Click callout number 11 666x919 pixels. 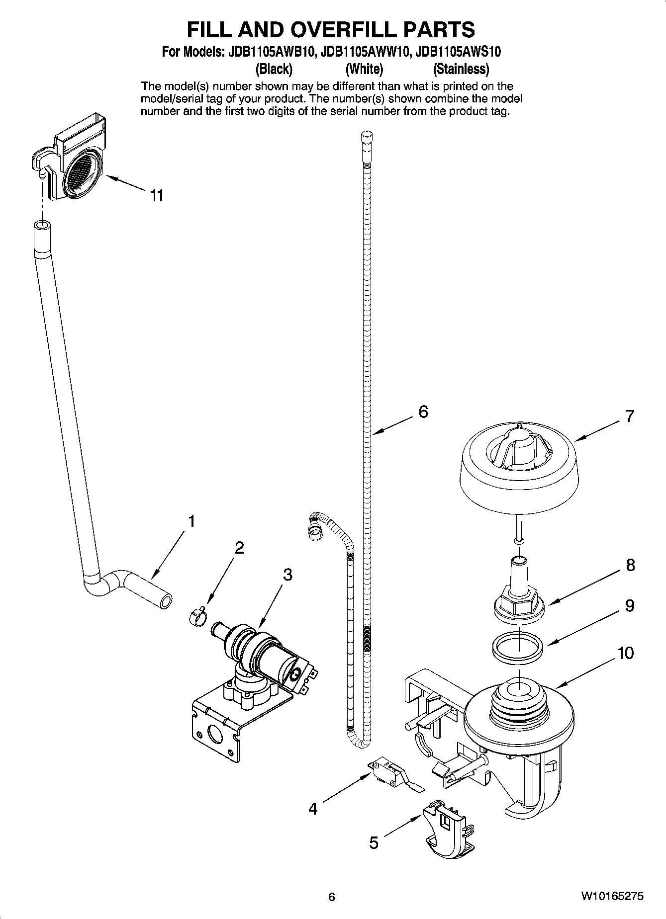[x=157, y=196]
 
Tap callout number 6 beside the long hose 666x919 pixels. [x=423, y=412]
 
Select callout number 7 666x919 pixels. [x=630, y=416]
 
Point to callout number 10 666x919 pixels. [x=626, y=653]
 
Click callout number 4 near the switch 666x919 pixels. [x=312, y=809]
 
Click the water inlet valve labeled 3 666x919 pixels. [x=264, y=656]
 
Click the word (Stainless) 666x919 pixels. [x=461, y=69]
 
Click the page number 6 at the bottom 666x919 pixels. [x=332, y=897]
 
